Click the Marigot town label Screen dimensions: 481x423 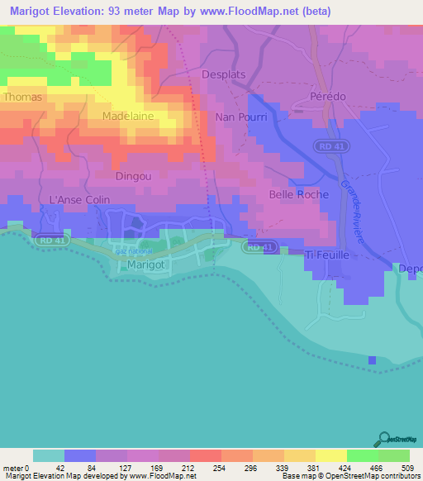coord(149,264)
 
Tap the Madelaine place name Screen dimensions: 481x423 coord(128,117)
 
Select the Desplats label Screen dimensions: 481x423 coord(224,74)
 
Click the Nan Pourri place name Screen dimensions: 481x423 coord(240,117)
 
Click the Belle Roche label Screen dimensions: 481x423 coord(298,195)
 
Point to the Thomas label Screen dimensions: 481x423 coord(22,97)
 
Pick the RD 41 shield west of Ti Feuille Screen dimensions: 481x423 coord(259,247)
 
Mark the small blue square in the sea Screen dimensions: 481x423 coord(372,360)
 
